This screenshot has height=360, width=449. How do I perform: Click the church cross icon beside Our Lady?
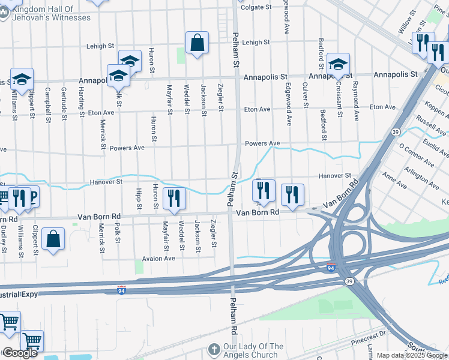214,349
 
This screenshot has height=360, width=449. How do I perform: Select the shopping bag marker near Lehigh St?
197,43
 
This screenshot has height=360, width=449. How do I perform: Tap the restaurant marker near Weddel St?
174,199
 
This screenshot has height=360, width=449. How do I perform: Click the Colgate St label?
256,8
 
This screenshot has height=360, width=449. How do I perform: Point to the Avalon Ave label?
158,258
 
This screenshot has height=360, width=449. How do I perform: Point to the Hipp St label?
139,200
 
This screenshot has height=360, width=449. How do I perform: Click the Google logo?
20,353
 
